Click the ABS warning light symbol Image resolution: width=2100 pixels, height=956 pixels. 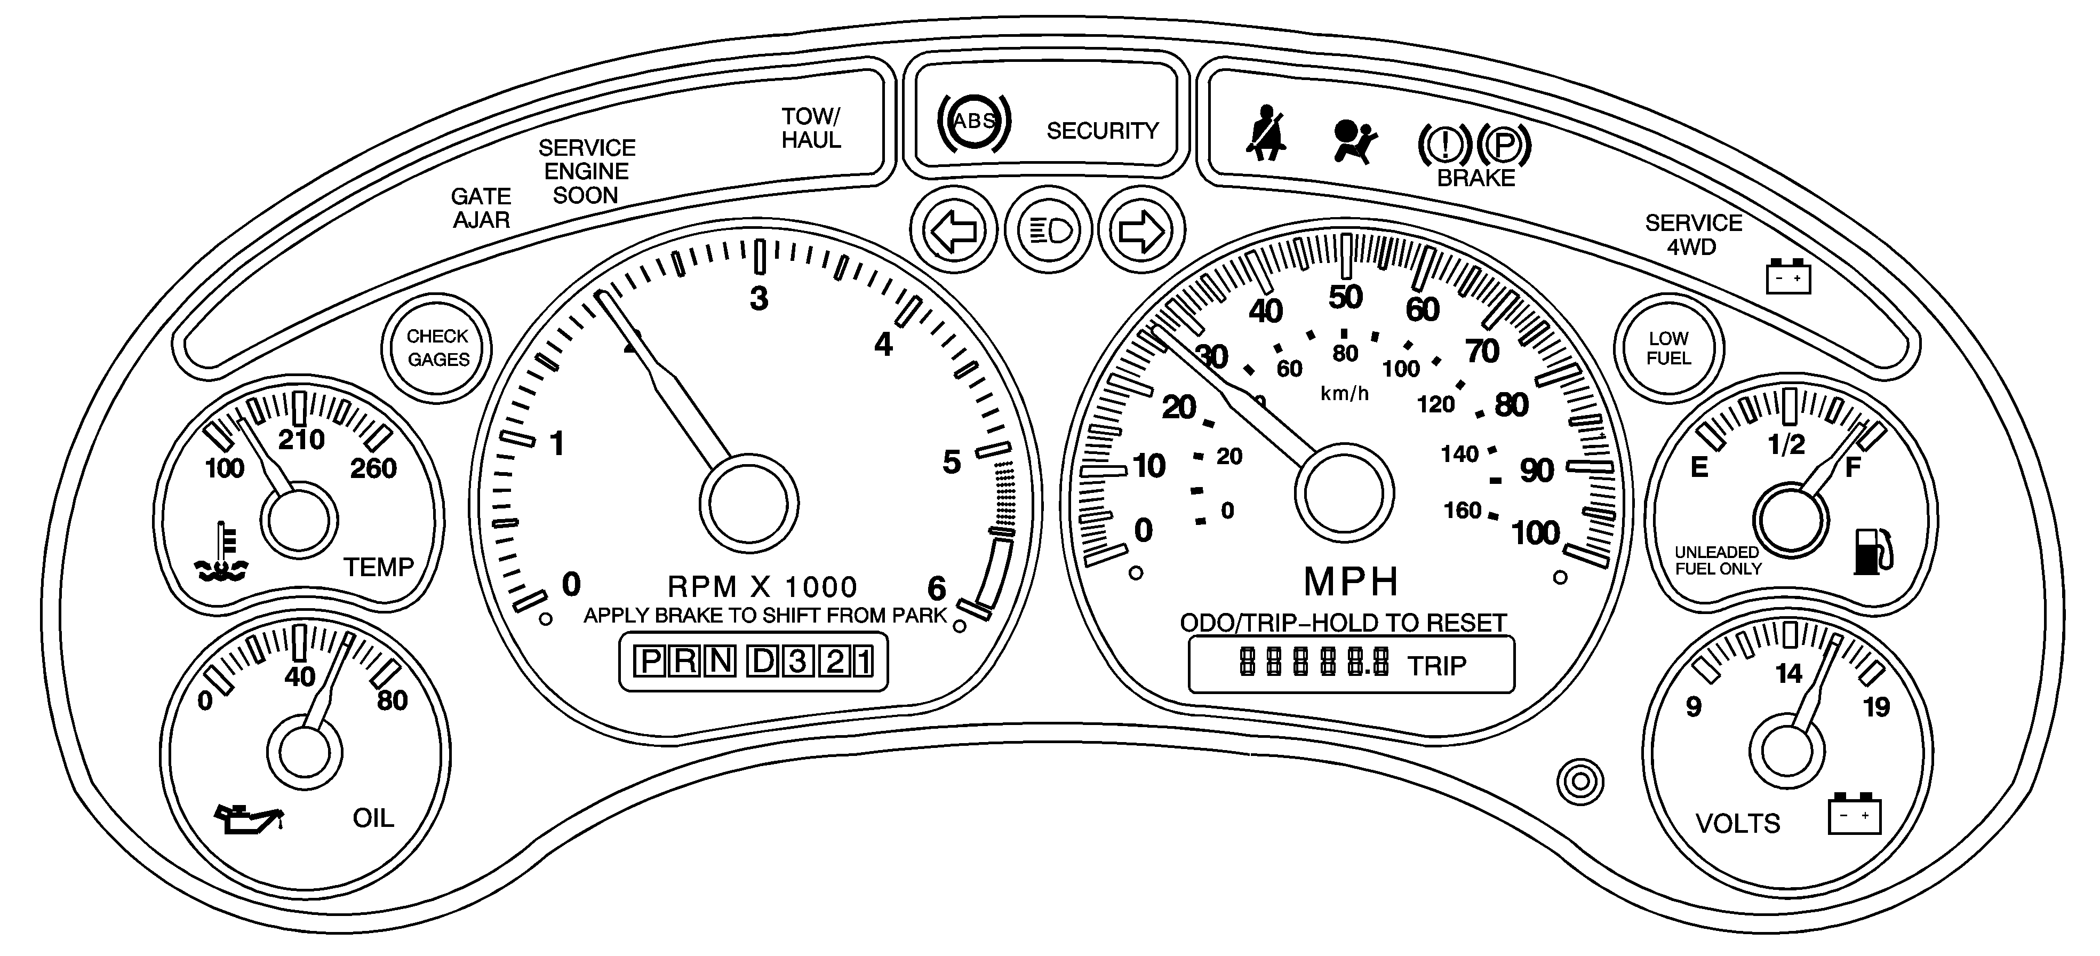coord(974,122)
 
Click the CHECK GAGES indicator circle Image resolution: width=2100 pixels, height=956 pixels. coord(438,348)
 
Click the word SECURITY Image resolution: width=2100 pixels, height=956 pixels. coord(1102,131)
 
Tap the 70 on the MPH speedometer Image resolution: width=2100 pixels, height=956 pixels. coord(1482,351)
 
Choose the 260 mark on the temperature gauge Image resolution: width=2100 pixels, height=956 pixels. coord(373,468)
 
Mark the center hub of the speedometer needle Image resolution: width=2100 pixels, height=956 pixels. coord(1344,492)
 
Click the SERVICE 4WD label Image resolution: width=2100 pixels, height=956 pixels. coord(1692,235)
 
